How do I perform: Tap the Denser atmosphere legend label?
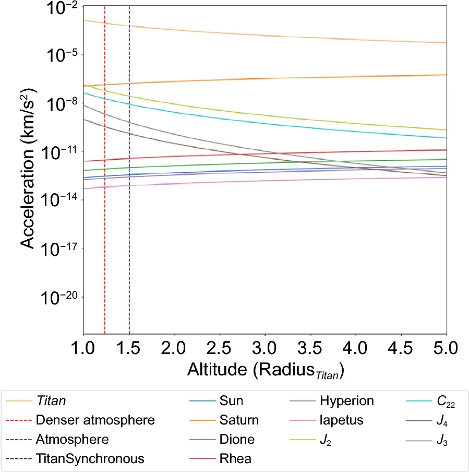96,420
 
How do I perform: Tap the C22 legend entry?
444,401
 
